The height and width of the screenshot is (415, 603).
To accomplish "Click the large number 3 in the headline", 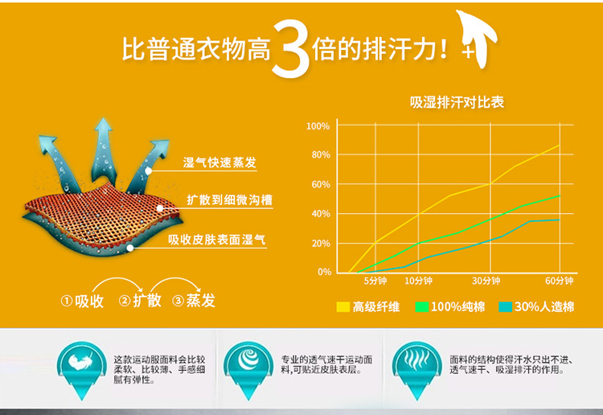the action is (291, 48).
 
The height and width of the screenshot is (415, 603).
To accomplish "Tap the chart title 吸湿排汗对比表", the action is (457, 102).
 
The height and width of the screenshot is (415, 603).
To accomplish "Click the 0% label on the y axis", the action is (324, 272).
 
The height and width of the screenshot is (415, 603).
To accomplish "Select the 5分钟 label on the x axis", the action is (375, 281).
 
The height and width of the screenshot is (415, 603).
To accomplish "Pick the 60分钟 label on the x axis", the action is (559, 281).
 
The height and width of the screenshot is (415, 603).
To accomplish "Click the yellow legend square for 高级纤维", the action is (343, 307).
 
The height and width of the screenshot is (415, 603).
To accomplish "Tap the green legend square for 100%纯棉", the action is (422, 307).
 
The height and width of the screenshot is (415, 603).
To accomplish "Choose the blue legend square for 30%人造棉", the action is (505, 307).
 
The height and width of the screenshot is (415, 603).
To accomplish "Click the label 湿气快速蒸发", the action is (219, 162).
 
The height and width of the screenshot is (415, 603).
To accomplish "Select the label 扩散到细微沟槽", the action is (229, 200).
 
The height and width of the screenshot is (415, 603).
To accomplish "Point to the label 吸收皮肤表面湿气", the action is (216, 240).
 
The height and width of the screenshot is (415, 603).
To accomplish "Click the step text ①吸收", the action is (82, 301).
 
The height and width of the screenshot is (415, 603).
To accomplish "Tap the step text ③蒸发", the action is (194, 300).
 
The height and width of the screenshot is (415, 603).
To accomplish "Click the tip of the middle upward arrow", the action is (103, 118).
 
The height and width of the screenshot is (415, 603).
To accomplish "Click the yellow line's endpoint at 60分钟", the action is (560, 145).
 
